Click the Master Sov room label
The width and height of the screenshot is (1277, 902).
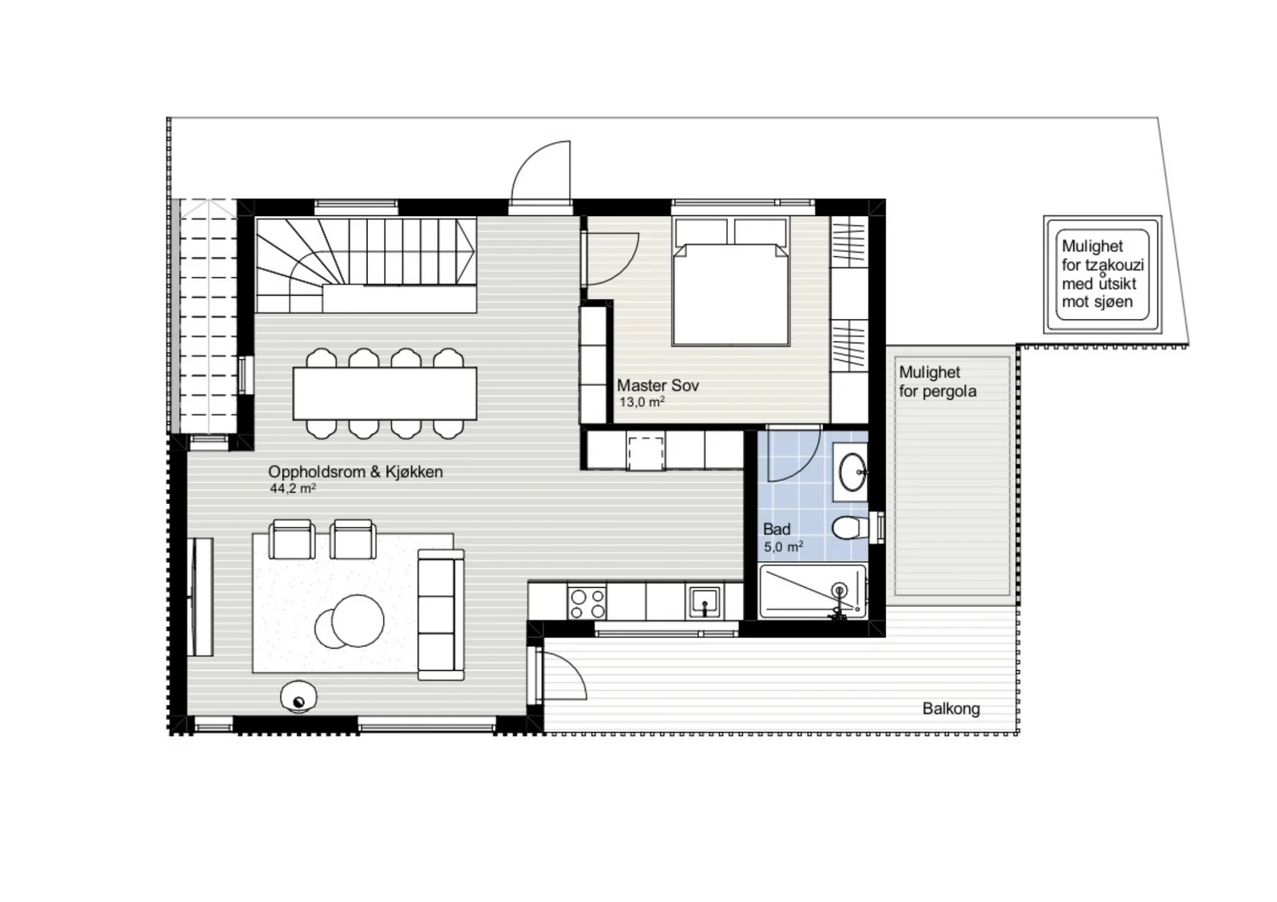tap(658, 385)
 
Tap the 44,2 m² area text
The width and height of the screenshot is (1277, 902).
tap(293, 488)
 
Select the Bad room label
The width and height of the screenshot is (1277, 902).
tap(777, 530)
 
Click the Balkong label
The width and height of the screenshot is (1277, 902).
tap(951, 709)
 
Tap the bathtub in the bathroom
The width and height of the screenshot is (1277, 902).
tap(812, 591)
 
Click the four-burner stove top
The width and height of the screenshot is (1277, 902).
tap(587, 604)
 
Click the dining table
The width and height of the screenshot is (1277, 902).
tap(385, 394)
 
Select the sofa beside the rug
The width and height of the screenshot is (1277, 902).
tap(441, 614)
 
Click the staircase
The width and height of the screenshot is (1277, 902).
tap(366, 265)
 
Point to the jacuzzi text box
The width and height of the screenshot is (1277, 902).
tap(1102, 274)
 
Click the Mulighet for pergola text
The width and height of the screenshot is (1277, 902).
tap(937, 382)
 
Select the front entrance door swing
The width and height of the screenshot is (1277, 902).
tap(540, 171)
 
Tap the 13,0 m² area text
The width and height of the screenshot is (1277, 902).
tap(642, 402)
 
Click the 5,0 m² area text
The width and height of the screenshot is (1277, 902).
tap(783, 547)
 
